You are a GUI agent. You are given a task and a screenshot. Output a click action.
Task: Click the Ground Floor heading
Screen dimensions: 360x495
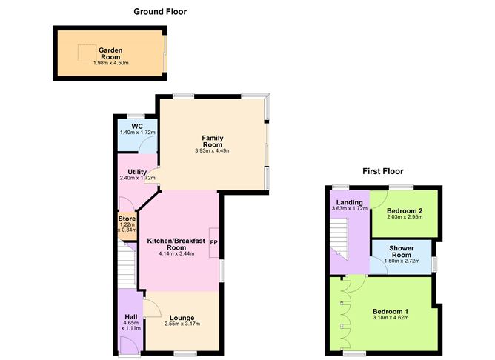coord(160,12)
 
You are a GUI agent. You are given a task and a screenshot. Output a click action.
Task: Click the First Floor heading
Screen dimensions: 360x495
coord(382,171)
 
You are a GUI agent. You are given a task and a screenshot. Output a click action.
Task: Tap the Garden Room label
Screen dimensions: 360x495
coord(110,54)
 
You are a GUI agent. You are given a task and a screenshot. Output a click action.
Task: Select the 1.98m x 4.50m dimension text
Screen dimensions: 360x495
coord(110,63)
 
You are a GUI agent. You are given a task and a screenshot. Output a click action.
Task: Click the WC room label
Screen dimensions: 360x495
coord(136,126)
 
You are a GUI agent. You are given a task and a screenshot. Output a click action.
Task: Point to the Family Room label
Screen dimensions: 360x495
coord(213,141)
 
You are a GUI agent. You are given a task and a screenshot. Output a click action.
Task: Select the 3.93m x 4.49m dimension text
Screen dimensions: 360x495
coord(213,151)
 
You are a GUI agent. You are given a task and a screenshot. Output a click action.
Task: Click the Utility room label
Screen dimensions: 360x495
coord(137,172)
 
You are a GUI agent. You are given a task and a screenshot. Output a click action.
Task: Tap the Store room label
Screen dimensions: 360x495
coord(127,219)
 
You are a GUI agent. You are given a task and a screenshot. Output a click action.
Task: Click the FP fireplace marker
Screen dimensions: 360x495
coord(213,242)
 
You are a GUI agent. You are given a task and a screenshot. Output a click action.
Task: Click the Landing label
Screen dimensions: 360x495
coord(349,202)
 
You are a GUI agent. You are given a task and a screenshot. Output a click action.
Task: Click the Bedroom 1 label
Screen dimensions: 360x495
coord(390,311)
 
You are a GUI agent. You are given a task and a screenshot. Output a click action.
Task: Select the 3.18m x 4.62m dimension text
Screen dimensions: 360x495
coord(390,319)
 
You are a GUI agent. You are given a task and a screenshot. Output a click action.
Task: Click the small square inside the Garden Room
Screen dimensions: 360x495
coord(87,53)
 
